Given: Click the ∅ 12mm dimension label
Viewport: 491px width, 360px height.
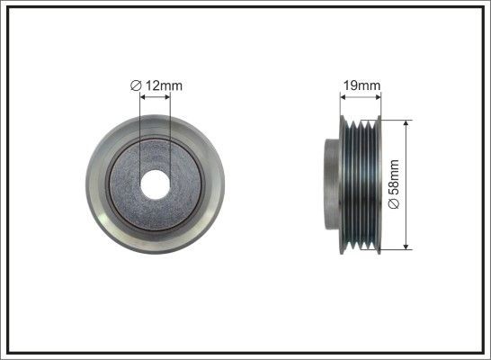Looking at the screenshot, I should point(156,85).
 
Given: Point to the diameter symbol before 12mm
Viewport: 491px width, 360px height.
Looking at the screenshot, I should point(134,85).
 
